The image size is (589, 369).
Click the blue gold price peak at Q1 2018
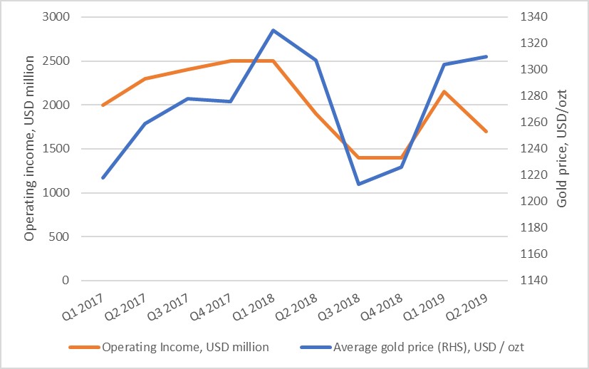point(273,30)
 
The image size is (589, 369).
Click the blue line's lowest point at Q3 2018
point(359,184)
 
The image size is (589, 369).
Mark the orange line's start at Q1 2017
point(103,105)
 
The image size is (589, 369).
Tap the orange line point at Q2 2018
point(316,113)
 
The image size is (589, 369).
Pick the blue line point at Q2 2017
point(145,123)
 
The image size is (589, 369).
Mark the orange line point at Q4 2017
point(230,61)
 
